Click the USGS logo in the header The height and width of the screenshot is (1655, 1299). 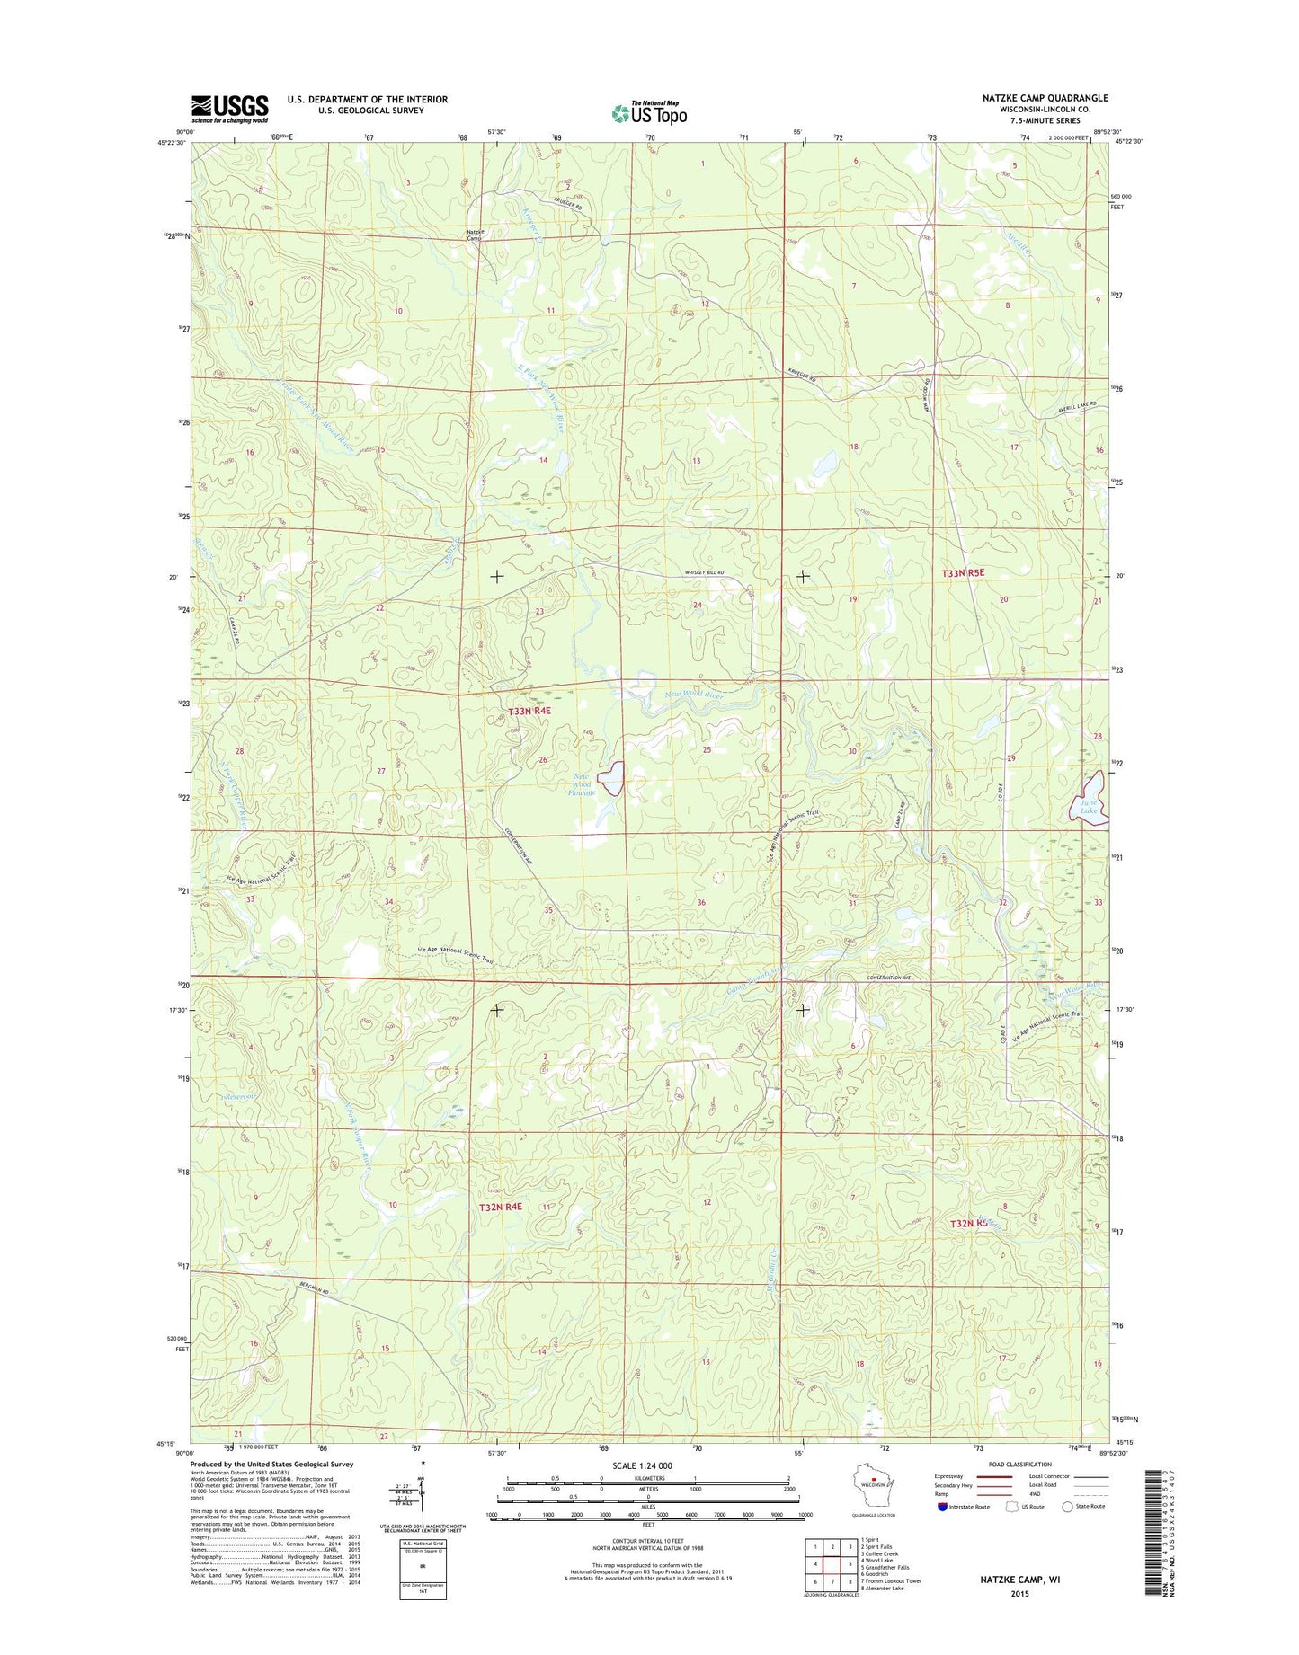click(x=229, y=109)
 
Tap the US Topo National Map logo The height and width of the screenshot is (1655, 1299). click(x=649, y=112)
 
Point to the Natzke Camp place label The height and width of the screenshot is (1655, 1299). click(x=476, y=235)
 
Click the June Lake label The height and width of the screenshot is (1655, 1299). click(x=1089, y=806)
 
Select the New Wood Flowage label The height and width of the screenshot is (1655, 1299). click(x=583, y=784)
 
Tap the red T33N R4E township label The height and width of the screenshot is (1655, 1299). click(x=529, y=711)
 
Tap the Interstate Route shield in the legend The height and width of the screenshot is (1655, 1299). click(x=942, y=1507)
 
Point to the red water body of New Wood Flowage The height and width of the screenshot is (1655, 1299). click(x=612, y=778)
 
